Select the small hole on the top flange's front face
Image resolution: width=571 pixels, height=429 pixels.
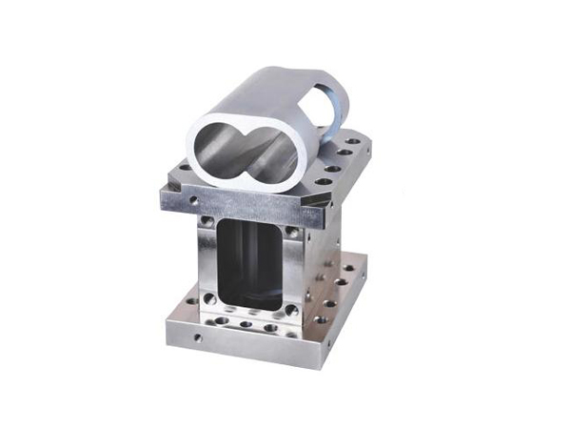(193, 201)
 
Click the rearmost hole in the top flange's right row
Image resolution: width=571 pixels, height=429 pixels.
(354, 141)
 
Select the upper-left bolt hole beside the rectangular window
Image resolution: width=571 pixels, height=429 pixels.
(208, 227)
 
